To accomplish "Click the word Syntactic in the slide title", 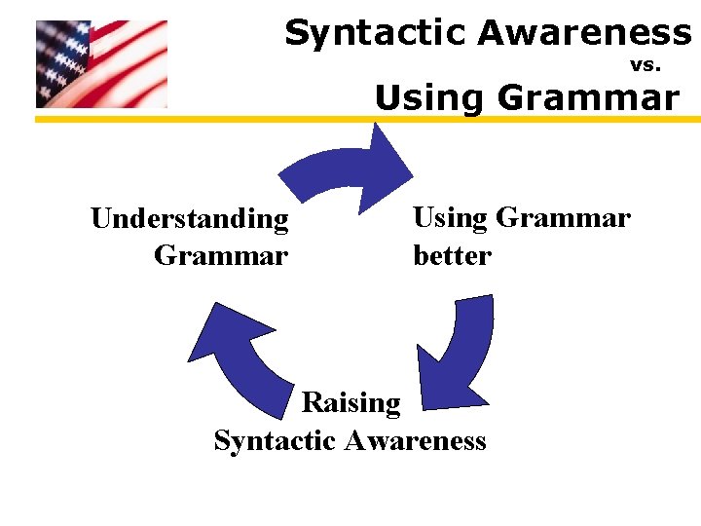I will click(376, 34).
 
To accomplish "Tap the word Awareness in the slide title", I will click(584, 34).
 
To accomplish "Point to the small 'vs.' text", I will click(646, 66).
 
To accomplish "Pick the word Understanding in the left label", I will click(190, 219).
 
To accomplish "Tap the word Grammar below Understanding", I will click(221, 256).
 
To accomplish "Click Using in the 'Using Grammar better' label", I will click(450, 217).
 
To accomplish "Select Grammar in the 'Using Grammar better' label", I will click(563, 217).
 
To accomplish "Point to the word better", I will click(453, 256).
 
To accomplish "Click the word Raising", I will click(351, 402).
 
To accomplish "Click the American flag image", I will click(101, 63).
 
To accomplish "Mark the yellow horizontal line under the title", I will click(367, 119).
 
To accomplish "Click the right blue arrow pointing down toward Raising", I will click(458, 356).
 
